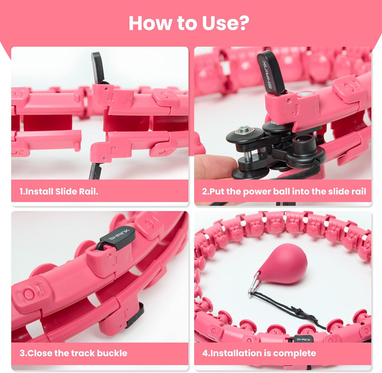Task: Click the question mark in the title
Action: click(242, 23)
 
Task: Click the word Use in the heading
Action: click(220, 23)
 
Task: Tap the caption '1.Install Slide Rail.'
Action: click(59, 191)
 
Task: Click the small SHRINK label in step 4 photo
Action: click(303, 339)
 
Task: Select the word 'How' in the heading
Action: click(151, 23)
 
